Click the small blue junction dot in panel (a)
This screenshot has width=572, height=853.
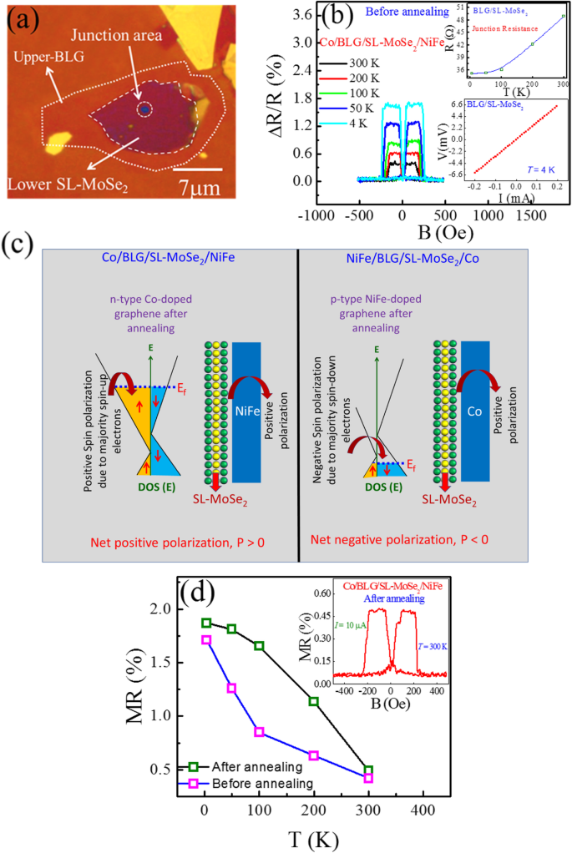[144, 109]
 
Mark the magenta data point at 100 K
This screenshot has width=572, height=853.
[259, 732]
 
